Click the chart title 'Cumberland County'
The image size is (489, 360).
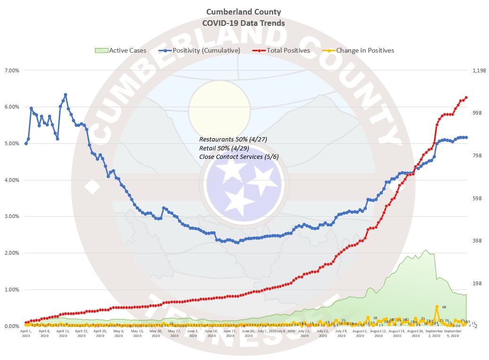tap(244, 12)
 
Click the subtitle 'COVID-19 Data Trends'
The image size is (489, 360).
tap(244, 23)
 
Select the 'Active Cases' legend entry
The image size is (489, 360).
tap(127, 50)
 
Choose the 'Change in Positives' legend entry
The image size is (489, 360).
tap(365, 50)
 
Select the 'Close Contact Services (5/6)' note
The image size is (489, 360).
tap(239, 157)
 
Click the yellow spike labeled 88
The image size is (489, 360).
tap(437, 306)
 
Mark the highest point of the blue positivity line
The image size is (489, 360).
tap(65, 94)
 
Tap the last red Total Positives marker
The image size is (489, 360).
tap(466, 97)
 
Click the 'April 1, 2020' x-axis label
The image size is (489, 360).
tap(26, 333)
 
